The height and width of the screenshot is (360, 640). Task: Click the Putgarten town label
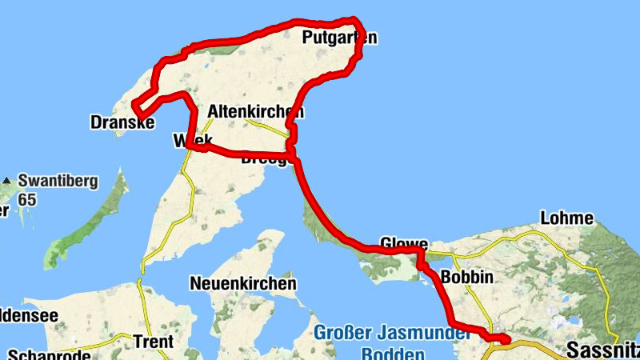coord(339,38)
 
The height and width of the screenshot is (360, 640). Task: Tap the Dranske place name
coord(120,122)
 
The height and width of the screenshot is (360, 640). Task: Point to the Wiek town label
coord(192,141)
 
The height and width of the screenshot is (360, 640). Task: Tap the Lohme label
coord(567,218)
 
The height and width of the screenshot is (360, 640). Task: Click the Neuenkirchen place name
coord(243,283)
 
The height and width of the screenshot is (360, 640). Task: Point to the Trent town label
coord(154,342)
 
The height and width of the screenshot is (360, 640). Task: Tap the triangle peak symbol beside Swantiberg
coord(6,180)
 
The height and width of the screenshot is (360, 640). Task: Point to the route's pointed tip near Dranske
coord(134,107)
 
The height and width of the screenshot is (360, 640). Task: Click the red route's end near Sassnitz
coord(506,341)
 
